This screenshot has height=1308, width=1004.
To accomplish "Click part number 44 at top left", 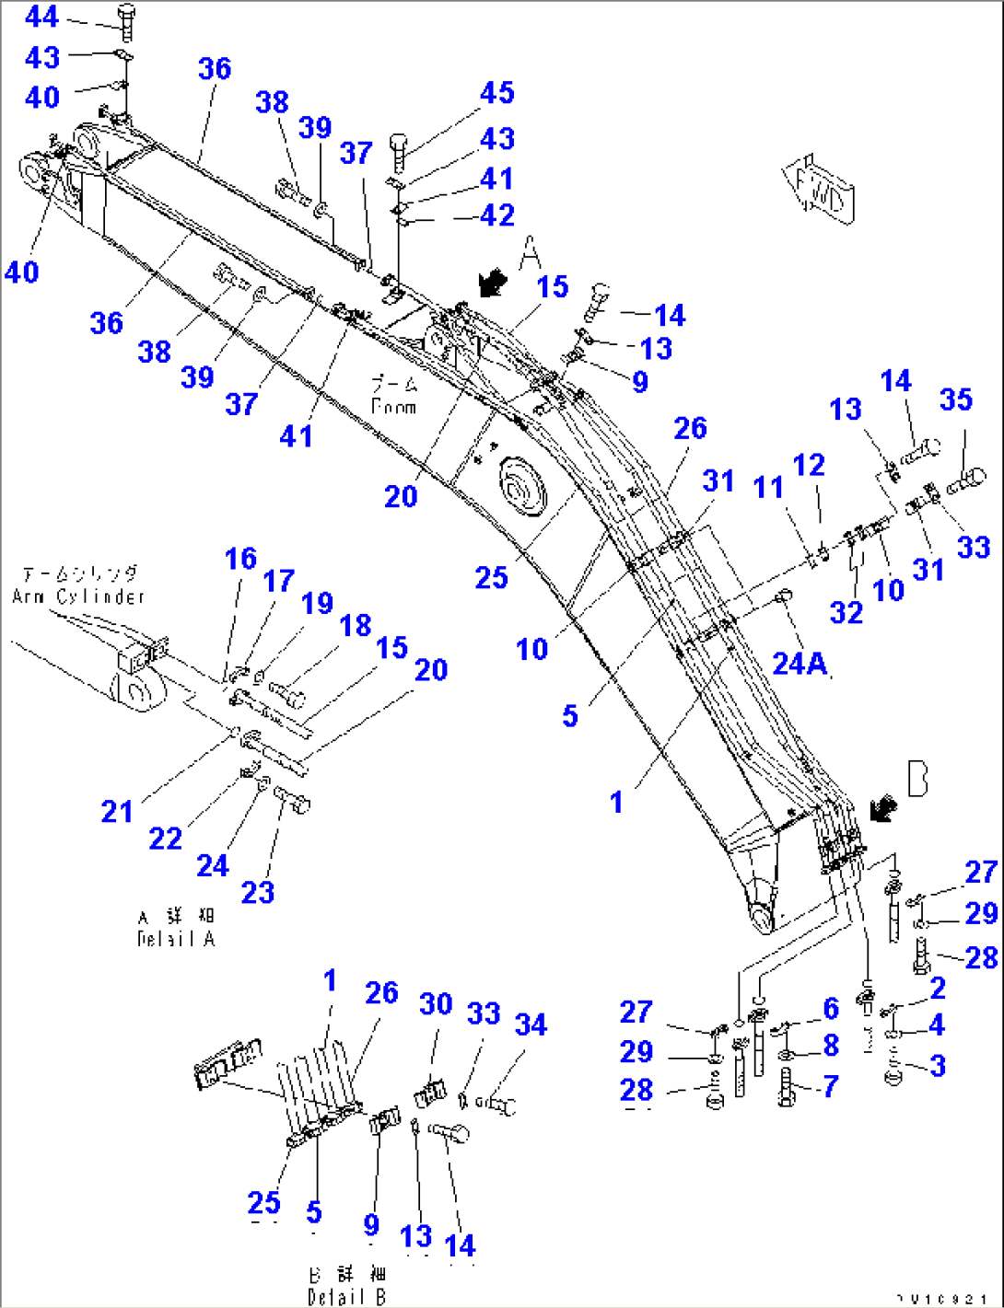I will (x=42, y=17).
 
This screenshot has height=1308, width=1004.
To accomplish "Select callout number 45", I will (x=496, y=93).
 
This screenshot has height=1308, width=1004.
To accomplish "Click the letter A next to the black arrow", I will (x=530, y=252).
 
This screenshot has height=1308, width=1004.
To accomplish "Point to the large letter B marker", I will (x=917, y=779).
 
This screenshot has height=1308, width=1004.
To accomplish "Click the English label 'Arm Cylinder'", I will (x=78, y=596).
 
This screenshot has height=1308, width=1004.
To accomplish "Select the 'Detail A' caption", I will (x=175, y=939).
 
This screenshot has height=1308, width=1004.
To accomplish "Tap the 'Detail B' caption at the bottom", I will (x=347, y=1296).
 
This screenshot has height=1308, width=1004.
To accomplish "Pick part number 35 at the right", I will (x=956, y=399).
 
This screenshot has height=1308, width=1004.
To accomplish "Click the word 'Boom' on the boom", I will (x=393, y=406).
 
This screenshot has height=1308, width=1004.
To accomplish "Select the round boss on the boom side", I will (x=521, y=488).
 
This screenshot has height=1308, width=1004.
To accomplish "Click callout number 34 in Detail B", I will (x=531, y=1024).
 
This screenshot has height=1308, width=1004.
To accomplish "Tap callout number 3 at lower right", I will (x=938, y=1065).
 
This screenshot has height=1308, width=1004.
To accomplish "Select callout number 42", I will (x=497, y=215).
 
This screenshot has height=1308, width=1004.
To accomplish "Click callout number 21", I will (x=117, y=811).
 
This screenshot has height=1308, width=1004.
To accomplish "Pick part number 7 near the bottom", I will (x=830, y=1086).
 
